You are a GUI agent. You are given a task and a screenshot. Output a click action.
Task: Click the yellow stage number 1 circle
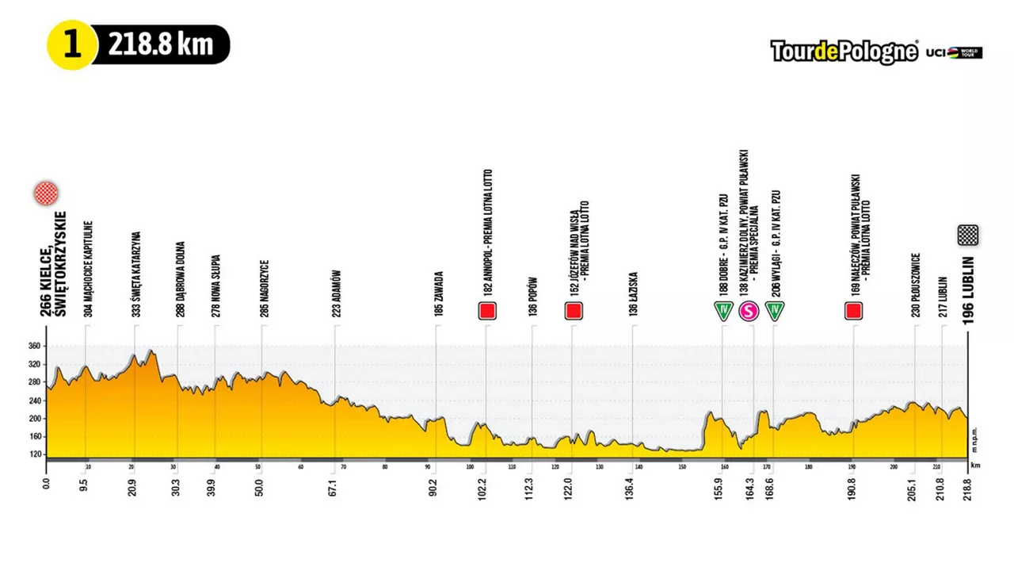point(72,44)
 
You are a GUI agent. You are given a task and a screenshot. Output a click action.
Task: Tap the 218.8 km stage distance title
point(161,44)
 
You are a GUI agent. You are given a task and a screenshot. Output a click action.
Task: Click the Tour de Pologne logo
point(844,52)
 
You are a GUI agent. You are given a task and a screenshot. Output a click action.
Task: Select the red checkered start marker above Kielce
point(46,193)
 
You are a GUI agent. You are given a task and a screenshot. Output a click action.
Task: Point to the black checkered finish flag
point(967,235)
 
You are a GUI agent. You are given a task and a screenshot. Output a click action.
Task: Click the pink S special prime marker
point(749,311)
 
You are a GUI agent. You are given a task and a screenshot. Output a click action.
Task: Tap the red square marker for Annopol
point(487,311)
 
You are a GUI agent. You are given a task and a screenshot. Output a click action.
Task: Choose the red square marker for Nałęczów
point(853,311)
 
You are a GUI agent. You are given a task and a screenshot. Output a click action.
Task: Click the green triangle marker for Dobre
point(722,311)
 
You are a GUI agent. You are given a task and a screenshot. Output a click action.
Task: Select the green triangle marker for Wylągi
point(775,311)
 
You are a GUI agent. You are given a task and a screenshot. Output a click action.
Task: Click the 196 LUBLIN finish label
point(968,290)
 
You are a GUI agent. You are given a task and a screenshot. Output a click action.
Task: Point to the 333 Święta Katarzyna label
point(136,274)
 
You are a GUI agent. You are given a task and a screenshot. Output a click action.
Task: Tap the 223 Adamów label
point(337,293)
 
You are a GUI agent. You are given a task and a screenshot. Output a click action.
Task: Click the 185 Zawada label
point(439,294)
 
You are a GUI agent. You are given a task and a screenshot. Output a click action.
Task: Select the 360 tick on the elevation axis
point(34,346)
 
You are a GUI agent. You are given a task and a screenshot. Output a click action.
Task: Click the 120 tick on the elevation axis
point(34,454)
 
